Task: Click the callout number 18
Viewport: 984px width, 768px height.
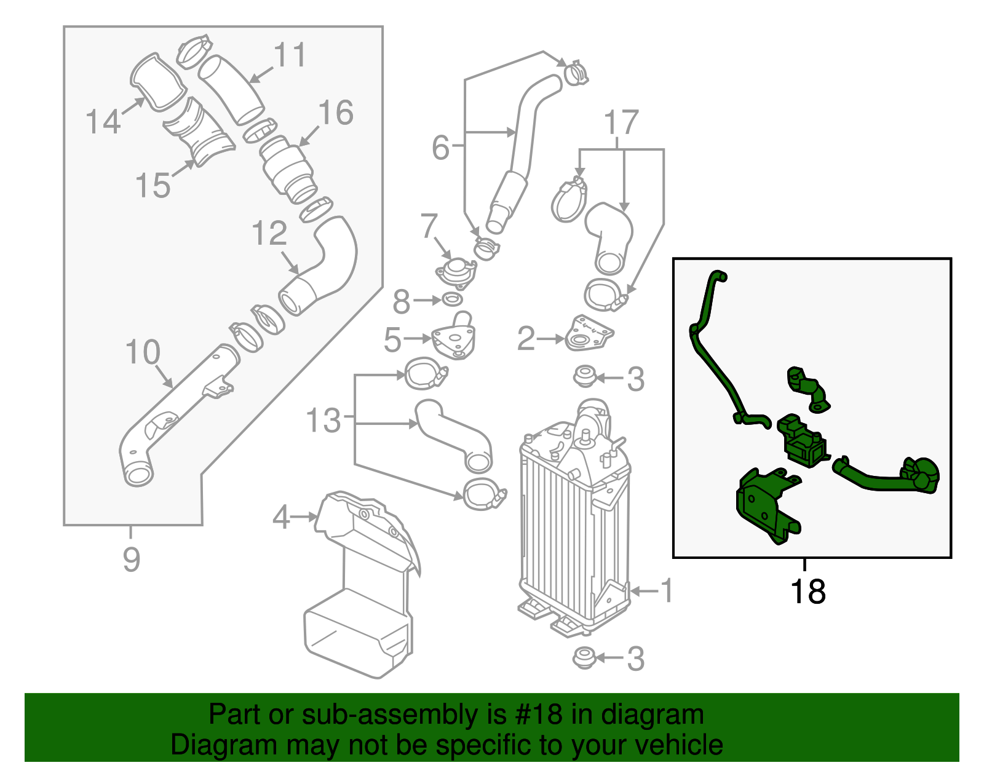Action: [807, 592]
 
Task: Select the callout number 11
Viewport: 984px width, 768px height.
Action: [290, 55]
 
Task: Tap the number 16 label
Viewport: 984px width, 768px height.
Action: [336, 113]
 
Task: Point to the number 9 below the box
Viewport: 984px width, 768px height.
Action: [131, 560]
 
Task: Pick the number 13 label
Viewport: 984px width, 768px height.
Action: [323, 421]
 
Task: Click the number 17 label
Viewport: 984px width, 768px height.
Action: [621, 123]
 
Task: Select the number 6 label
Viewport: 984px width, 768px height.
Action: [440, 148]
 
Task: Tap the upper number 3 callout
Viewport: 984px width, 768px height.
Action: [635, 379]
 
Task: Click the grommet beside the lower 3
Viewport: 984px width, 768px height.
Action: [584, 658]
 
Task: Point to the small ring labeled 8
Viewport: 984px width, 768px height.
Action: [452, 300]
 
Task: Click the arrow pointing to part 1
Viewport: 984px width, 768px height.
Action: [644, 592]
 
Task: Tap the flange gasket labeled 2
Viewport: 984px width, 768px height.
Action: [587, 335]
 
